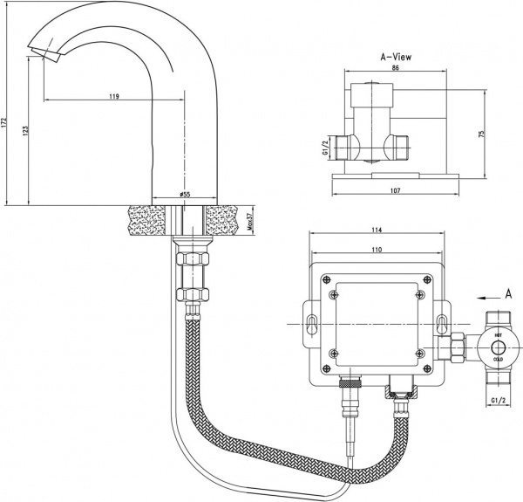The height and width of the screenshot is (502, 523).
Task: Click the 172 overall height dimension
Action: point(7,125)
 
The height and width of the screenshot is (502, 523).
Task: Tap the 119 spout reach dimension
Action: point(114,97)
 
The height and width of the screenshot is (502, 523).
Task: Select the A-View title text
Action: point(396,57)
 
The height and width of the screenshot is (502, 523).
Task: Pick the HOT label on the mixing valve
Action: point(498,334)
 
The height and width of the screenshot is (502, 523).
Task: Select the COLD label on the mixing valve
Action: point(498,358)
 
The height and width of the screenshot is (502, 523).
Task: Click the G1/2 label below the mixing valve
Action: point(498,402)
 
